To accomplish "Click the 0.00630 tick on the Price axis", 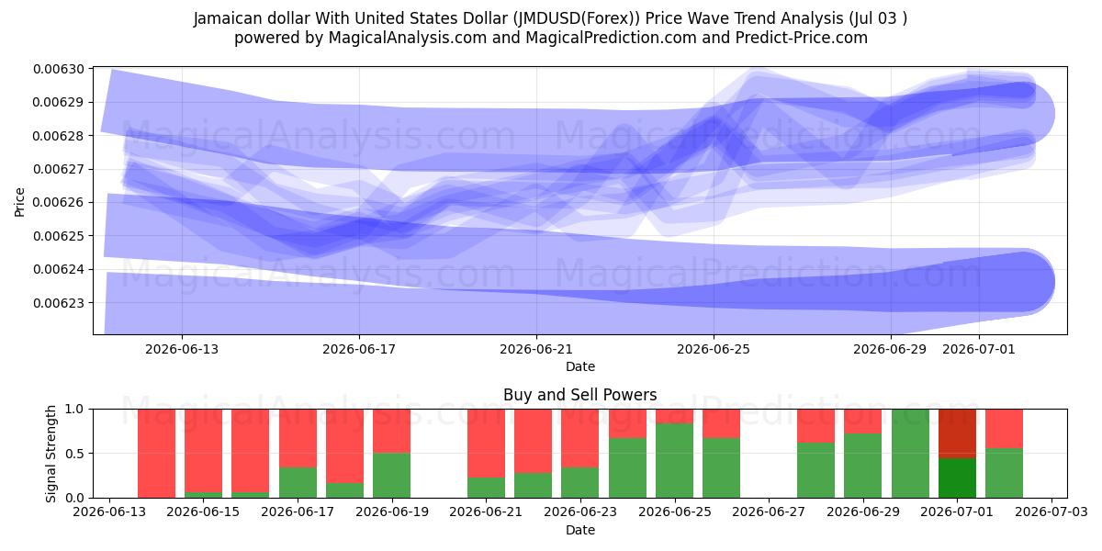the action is pos(59,69).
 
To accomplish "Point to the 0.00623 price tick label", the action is pos(59,302).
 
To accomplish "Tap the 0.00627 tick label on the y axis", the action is pos(59,169).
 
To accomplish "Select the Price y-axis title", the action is pos(19,202).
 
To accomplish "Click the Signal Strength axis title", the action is pos(51,454).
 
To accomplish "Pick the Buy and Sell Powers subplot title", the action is pos(580,395).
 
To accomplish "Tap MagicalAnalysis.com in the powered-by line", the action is pos(408,38).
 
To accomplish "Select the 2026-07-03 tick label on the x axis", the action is pos(1051,512).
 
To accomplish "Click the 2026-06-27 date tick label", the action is pos(769,512).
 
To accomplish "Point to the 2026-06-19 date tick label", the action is pos(392,512).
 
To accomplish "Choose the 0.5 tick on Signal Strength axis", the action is pos(75,453).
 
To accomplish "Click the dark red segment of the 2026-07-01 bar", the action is pos(957,433).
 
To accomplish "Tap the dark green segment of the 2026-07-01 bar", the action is pos(957,478).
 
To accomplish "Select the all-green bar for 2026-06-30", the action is pos(911,453).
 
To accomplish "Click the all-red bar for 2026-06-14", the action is pos(156,453).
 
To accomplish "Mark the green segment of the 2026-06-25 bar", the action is pos(674,460).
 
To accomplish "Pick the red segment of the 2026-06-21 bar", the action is pos(486,444).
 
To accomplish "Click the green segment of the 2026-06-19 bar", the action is pos(391,476).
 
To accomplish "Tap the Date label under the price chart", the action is pos(580,366).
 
